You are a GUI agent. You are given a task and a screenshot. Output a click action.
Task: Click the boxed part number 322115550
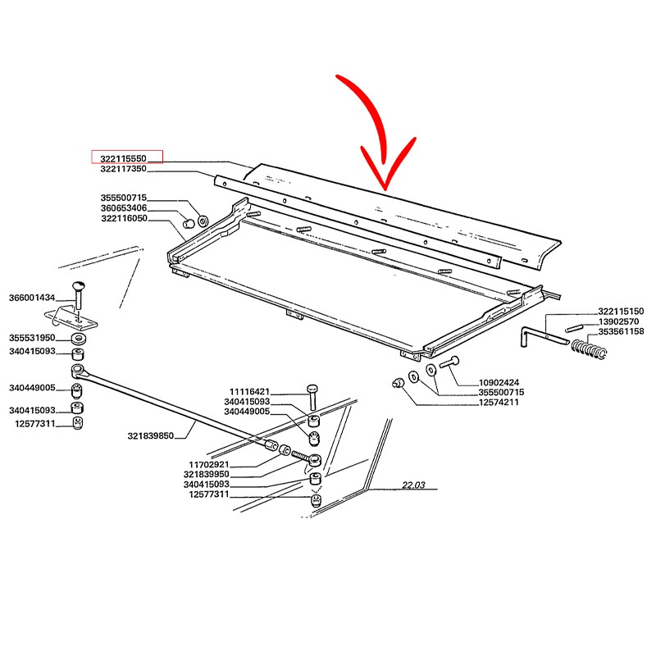tap(124, 158)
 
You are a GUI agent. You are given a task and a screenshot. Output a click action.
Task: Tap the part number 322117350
tap(124, 169)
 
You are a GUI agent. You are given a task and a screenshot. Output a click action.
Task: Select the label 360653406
tap(124, 208)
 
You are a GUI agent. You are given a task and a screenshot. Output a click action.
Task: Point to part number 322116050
tap(125, 218)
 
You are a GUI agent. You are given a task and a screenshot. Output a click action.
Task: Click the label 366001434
tap(32, 298)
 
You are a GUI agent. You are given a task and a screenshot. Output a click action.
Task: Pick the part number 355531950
tap(32, 338)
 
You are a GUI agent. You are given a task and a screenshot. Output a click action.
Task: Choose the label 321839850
tap(151, 435)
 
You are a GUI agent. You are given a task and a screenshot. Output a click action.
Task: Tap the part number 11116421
tap(250, 392)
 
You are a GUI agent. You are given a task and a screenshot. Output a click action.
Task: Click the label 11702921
tap(209, 464)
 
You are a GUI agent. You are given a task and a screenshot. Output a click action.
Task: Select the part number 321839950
tap(207, 474)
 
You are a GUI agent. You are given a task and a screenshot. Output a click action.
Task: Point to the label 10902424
tap(499, 382)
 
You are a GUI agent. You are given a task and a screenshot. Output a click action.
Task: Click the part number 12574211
tap(499, 402)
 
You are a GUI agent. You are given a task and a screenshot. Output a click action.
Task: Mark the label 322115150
tap(621, 312)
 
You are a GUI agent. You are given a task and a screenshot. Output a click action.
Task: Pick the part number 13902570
tap(619, 321)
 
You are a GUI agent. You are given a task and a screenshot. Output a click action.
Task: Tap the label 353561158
tap(621, 331)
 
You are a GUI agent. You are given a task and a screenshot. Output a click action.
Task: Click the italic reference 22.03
tap(413, 485)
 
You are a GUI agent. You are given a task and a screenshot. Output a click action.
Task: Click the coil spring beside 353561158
tap(589, 348)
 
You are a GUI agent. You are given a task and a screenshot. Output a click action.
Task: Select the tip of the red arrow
tap(385, 189)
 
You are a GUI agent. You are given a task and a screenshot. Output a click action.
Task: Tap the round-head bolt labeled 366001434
tap(78, 294)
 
